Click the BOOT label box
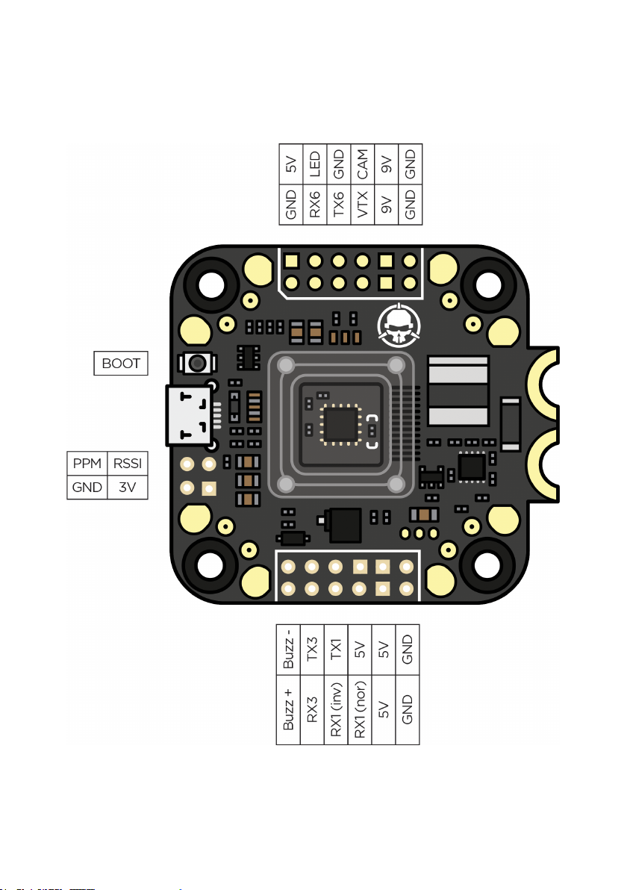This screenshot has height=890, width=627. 121,364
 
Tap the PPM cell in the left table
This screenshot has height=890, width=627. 87,464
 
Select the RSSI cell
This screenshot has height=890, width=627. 127,464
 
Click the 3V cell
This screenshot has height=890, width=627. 127,488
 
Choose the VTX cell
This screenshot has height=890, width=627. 363,204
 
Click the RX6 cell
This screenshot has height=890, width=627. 315,204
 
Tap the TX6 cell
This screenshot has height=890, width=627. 339,204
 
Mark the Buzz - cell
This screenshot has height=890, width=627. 289,650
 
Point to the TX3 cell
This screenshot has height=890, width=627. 313,650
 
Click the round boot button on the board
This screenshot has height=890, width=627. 197,364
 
